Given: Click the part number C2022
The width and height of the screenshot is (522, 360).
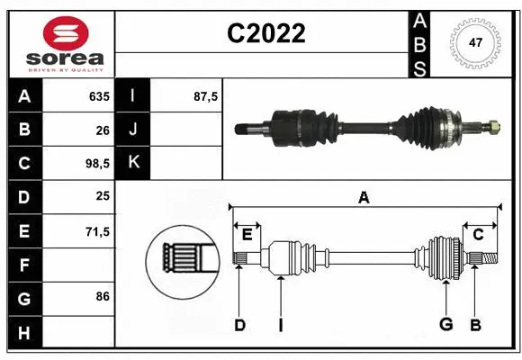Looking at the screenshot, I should pyautogui.click(x=265, y=33).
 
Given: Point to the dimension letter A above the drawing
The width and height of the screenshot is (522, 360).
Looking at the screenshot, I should pyautogui.click(x=364, y=197).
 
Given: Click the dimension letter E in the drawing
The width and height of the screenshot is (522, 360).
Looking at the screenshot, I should pyautogui.click(x=247, y=235).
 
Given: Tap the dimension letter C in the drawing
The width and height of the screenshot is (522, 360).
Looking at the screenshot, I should pyautogui.click(x=478, y=235).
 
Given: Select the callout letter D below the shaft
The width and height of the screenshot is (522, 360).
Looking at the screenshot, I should pyautogui.click(x=239, y=325).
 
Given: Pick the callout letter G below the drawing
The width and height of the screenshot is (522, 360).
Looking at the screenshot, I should pyautogui.click(x=445, y=325).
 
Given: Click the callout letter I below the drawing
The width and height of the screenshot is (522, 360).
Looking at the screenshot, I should pyautogui.click(x=281, y=325).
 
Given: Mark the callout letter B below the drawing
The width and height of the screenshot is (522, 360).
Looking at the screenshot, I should pyautogui.click(x=475, y=325).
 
